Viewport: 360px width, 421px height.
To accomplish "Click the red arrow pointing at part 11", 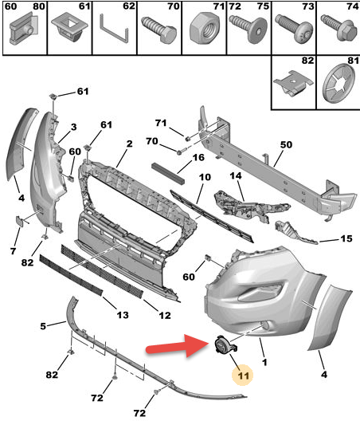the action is tap(178, 346).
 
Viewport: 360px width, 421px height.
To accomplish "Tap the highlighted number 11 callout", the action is tap(243, 376).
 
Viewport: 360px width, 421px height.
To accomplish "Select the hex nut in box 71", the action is tap(205, 29).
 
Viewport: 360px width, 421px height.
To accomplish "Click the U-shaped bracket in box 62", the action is tap(114, 29).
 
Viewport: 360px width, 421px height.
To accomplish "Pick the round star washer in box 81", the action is tap(339, 83).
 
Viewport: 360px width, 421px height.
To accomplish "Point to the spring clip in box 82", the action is tap(293, 82).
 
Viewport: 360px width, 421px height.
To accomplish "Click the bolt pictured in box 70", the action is tap(159, 29).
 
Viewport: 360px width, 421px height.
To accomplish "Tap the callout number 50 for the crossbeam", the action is tap(286, 145).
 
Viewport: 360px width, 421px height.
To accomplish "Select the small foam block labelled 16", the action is tap(168, 174).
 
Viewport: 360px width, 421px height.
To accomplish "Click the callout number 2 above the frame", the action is tap(129, 144).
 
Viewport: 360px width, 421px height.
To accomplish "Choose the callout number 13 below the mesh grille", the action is tap(123, 315).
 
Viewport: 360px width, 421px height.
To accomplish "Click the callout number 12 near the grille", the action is tap(165, 315).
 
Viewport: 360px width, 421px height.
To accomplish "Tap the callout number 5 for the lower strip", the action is tap(43, 326).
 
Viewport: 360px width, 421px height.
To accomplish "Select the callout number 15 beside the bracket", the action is tap(346, 238).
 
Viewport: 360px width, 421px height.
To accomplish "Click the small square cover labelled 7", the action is tap(20, 220).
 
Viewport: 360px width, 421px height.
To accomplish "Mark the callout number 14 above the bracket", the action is tap(236, 176).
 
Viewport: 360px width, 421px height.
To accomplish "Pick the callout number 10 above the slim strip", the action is tap(205, 177).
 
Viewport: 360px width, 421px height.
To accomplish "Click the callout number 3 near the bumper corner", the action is tap(74, 127).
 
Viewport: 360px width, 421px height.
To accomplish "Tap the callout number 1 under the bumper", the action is tap(264, 362).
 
